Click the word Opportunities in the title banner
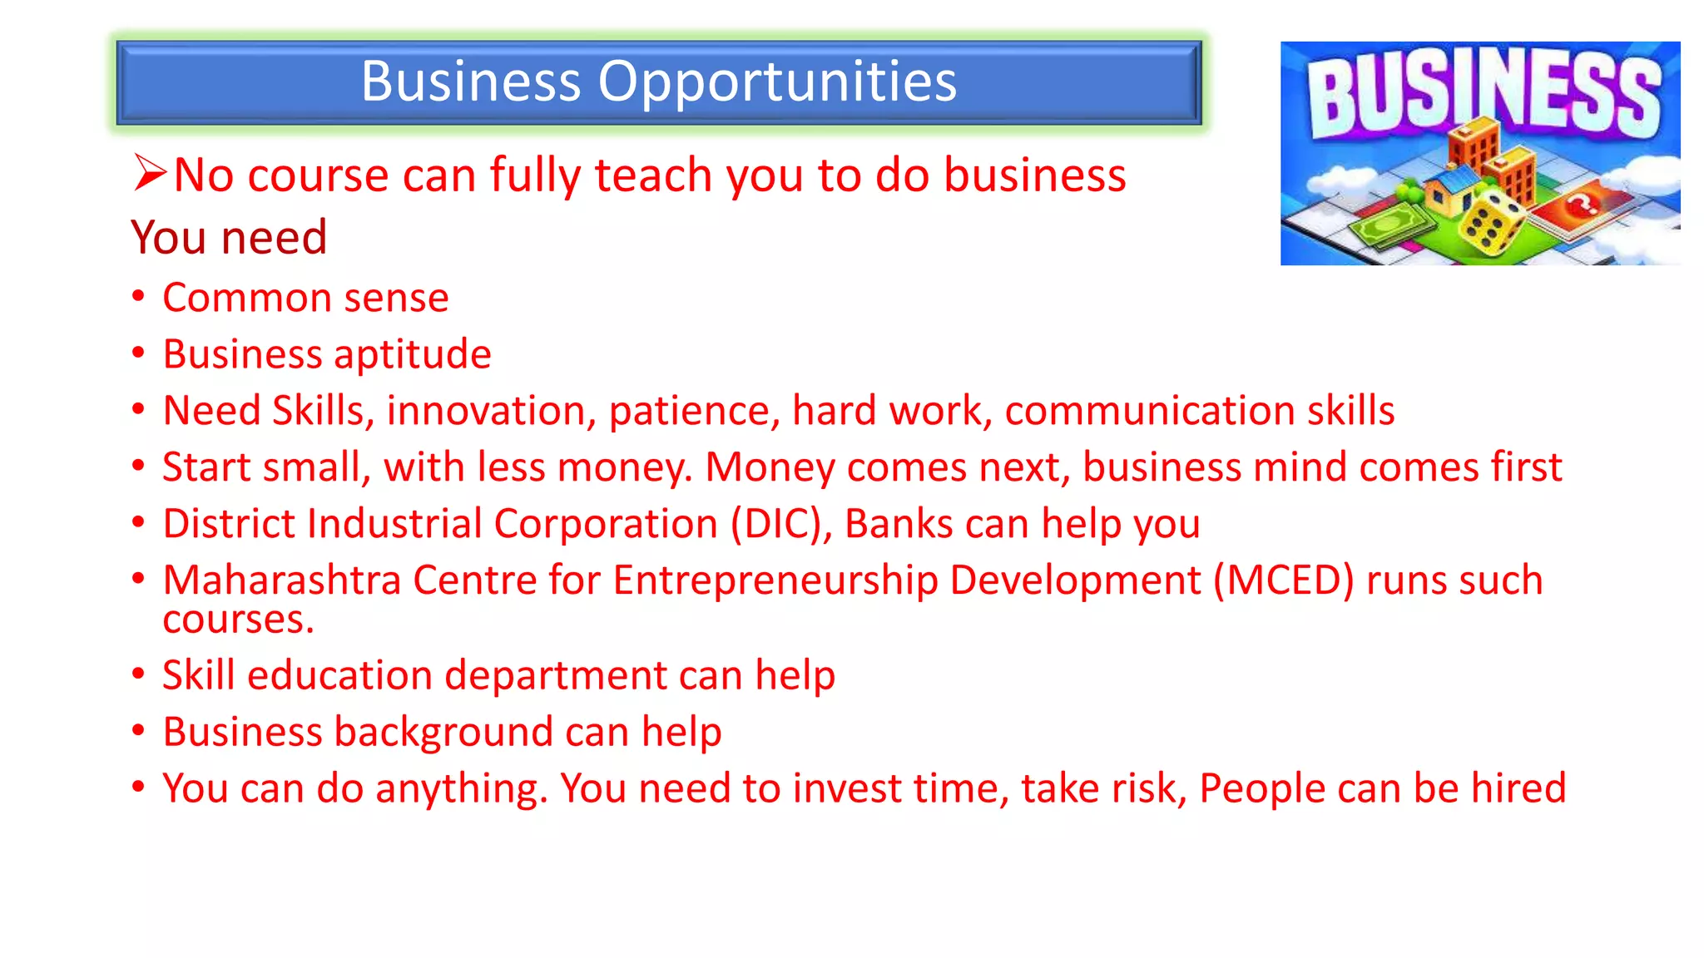click(777, 82)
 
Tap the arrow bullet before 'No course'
click(150, 173)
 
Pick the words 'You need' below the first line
click(229, 238)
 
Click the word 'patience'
click(694, 411)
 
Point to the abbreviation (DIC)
click(781, 524)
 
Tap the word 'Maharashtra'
click(282, 580)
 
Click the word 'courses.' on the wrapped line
click(239, 620)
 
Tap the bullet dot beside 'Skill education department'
click(138, 674)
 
